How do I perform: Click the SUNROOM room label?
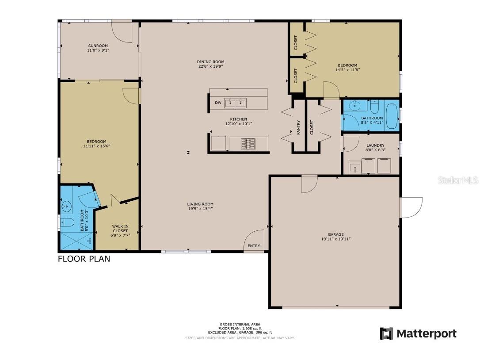pyautogui.click(x=98, y=46)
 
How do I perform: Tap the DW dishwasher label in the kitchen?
pyautogui.click(x=218, y=103)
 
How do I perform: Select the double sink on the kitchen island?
pyautogui.click(x=235, y=103)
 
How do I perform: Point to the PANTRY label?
pyautogui.click(x=298, y=127)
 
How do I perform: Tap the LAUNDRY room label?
pyautogui.click(x=375, y=146)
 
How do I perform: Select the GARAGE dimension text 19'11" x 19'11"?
pyautogui.click(x=336, y=239)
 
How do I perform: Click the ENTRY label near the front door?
pyautogui.click(x=254, y=246)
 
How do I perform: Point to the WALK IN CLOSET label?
pyautogui.click(x=120, y=228)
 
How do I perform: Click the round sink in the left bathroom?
pyautogui.click(x=67, y=206)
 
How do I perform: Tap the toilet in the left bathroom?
pyautogui.click(x=66, y=222)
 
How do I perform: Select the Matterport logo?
pyautogui.click(x=418, y=333)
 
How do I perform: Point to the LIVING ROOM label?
pyautogui.click(x=200, y=204)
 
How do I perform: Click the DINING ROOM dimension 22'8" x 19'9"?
pyautogui.click(x=210, y=67)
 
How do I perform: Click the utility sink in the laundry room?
pyautogui.click(x=355, y=168)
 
